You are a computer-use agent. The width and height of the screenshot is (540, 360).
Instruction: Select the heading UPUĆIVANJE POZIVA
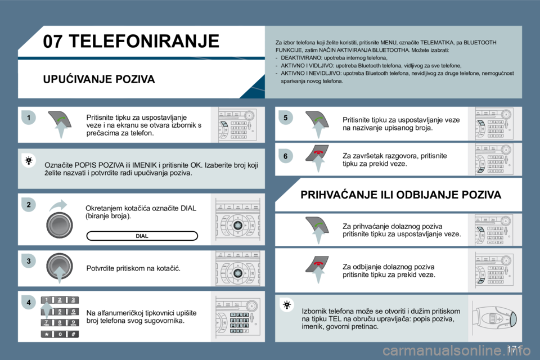pos(99,79)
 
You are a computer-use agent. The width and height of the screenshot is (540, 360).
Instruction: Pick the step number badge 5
pos(285,118)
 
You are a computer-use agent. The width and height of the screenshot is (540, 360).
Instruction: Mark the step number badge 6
pos(285,155)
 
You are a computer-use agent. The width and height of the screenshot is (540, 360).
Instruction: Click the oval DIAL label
pos(142,236)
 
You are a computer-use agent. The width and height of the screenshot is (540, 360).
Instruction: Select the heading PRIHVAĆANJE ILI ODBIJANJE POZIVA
pos(400,195)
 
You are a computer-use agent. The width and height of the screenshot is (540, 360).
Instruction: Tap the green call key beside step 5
pos(319,118)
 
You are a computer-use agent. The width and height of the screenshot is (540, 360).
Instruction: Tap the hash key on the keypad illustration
pos(73,334)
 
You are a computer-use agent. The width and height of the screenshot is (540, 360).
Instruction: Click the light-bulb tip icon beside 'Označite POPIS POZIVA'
pos(29,161)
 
